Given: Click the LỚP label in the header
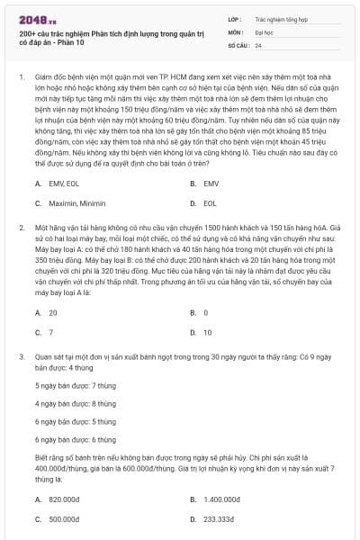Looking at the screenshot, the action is coord(235,18).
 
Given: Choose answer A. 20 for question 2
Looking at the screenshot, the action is coord(47,312).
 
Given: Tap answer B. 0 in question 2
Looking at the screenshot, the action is coord(200,312).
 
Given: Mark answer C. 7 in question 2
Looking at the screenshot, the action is coord(45,333).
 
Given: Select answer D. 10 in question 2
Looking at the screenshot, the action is coord(202,333).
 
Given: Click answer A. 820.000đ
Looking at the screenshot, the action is coord(59,499).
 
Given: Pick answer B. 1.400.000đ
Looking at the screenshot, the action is coord(216,499).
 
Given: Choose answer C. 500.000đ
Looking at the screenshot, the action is coord(59,519).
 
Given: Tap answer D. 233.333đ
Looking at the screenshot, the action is coord(214,519).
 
